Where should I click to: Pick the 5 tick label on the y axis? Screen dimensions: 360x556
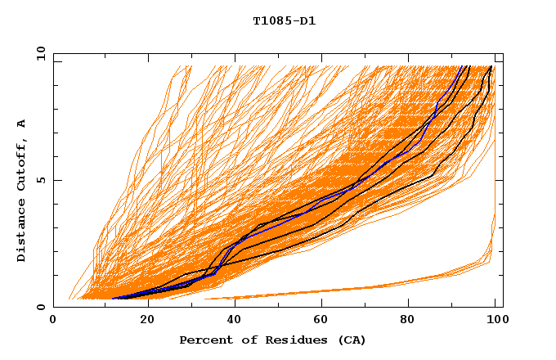tap(39, 180)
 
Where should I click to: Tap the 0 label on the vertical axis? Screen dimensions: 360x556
tap(39, 308)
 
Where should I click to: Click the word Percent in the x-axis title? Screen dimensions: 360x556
tap(203, 340)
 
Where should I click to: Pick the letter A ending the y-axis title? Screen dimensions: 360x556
tap(21, 124)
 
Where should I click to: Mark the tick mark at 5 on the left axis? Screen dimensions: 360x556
tap(56, 180)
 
